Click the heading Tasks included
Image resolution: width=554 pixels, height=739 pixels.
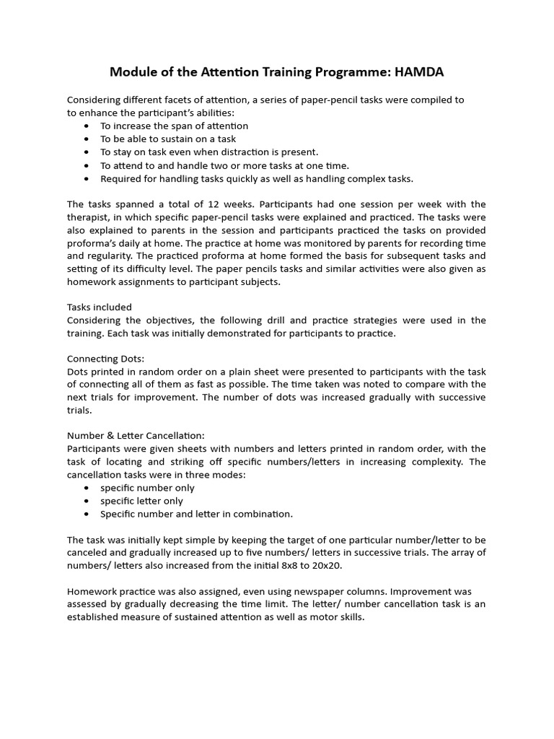pyautogui.click(x=100, y=307)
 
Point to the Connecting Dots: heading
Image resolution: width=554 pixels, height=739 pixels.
pyautogui.click(x=106, y=358)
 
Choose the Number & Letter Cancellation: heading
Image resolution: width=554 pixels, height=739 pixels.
pyautogui.click(x=136, y=435)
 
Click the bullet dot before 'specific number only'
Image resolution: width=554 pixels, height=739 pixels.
pyautogui.click(x=87, y=488)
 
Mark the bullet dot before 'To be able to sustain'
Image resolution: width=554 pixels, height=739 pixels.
pyautogui.click(x=87, y=139)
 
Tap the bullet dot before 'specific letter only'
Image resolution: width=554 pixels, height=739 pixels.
pyautogui.click(x=87, y=501)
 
